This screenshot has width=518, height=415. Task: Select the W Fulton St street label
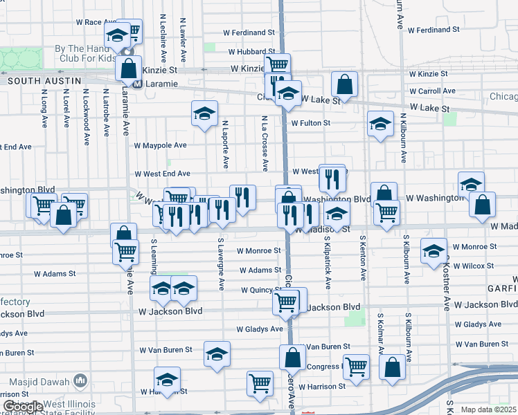[x=310, y=123]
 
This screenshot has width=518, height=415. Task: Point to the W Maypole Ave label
[x=160, y=146]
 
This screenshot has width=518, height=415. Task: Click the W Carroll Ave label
[x=431, y=91]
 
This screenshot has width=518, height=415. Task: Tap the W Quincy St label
[x=261, y=290]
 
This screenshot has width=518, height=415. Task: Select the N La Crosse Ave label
[x=264, y=143]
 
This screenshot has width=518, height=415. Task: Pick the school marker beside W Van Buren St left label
[x=217, y=354]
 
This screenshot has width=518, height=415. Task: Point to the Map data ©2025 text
[x=489, y=409]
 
